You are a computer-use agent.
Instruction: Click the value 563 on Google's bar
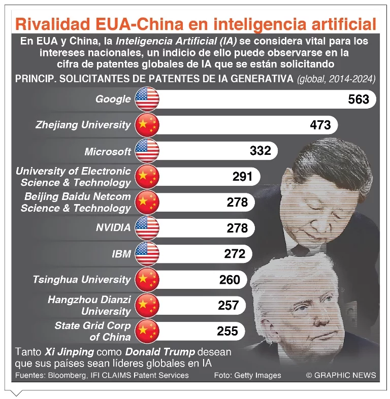359,99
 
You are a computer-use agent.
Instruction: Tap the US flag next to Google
147,99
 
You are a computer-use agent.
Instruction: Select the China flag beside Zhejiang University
147,125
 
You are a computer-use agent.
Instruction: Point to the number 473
320,125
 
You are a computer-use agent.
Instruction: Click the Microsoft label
108,151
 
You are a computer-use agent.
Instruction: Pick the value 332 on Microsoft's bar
261,151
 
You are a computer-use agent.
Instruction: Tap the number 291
242,177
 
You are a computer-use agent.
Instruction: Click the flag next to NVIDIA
147,228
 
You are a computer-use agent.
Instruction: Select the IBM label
121,253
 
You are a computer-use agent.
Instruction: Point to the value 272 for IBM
234,253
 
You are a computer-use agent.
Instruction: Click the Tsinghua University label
81,279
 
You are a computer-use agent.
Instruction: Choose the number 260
230,279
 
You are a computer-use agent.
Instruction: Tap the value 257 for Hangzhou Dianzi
228,305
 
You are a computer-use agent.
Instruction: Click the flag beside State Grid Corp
147,331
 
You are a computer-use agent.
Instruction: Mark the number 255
227,331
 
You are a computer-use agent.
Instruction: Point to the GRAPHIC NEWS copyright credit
341,375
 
